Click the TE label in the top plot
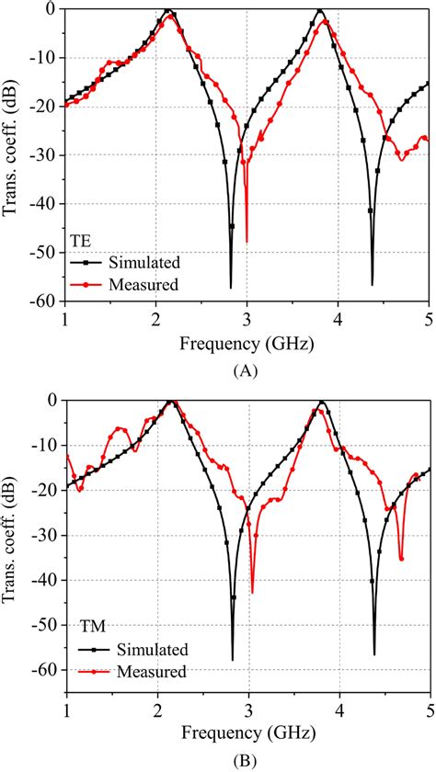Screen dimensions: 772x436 pyautogui.click(x=80, y=242)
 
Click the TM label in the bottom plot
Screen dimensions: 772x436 pyautogui.click(x=84, y=628)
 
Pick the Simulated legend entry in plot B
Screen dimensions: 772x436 pyautogui.click(x=147, y=650)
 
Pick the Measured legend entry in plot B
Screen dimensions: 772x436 pyautogui.click(x=147, y=672)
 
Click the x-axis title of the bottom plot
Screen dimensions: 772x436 pyautogui.click(x=246, y=735)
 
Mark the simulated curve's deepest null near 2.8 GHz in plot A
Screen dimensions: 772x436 pyautogui.click(x=231, y=287)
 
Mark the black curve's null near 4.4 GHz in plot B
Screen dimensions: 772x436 pyautogui.click(x=374, y=653)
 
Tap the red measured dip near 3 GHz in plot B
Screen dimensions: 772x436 pyautogui.click(x=252, y=593)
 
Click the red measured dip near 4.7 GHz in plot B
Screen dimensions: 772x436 pyautogui.click(x=401, y=559)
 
